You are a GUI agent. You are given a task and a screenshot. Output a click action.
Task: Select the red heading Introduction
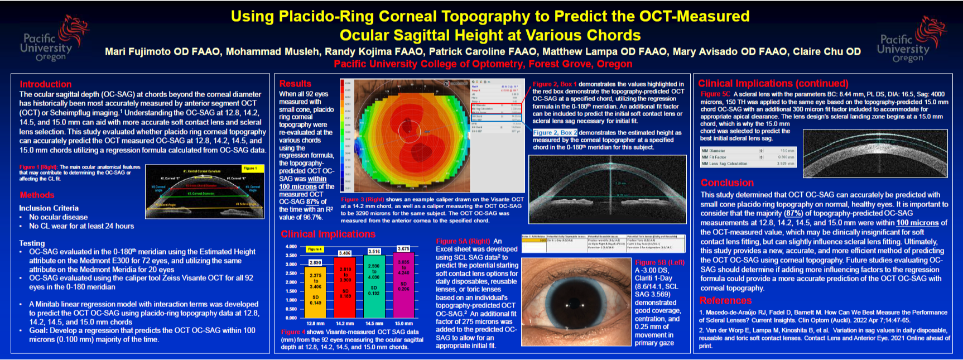coord(46,84)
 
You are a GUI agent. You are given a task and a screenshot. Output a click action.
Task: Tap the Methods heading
coord(37,195)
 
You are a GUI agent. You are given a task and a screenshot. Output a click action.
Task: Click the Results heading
coord(295,84)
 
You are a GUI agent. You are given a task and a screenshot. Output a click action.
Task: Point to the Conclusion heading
coord(727,183)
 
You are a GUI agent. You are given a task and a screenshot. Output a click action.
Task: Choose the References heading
coord(725,300)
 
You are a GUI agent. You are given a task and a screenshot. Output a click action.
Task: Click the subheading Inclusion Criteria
coord(49,208)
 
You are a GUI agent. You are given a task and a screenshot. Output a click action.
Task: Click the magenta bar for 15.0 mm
coord(403,285)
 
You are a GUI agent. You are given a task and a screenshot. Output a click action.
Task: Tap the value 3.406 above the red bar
coord(344,253)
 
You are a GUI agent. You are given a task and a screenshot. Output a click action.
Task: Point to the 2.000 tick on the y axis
coord(291,282)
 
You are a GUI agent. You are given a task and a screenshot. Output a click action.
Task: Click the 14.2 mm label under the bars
coord(344,323)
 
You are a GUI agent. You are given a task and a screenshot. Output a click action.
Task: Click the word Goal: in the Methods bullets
coord(39,330)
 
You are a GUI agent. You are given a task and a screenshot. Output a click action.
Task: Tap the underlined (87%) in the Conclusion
coord(793,213)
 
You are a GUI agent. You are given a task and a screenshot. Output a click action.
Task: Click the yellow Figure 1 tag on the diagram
coord(249,168)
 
